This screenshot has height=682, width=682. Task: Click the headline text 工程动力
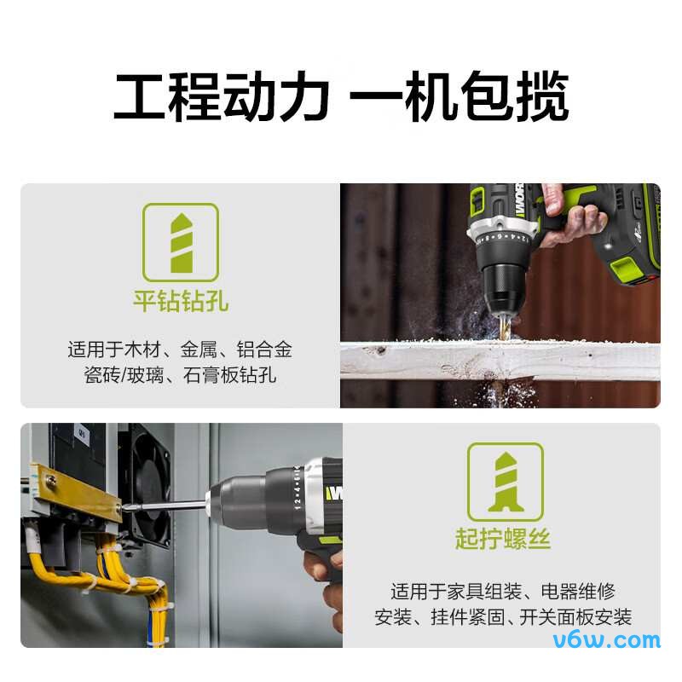pyautogui.click(x=221, y=98)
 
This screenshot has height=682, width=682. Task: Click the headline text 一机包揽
pyautogui.click(x=459, y=98)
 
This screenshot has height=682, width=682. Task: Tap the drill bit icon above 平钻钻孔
pyautogui.click(x=181, y=241)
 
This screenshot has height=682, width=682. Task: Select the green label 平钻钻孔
pyautogui.click(x=181, y=301)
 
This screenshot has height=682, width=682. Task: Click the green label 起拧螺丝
pyautogui.click(x=503, y=539)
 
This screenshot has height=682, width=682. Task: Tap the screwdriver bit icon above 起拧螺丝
pyautogui.click(x=505, y=482)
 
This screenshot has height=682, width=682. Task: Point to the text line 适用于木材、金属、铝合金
pyautogui.click(x=180, y=349)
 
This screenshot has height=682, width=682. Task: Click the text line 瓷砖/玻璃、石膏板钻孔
pyautogui.click(x=180, y=374)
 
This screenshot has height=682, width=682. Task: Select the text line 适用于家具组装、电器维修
pyautogui.click(x=503, y=591)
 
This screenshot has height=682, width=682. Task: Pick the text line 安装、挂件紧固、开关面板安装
pyautogui.click(x=503, y=616)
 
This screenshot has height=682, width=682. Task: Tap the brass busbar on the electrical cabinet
pyautogui.click(x=77, y=492)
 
